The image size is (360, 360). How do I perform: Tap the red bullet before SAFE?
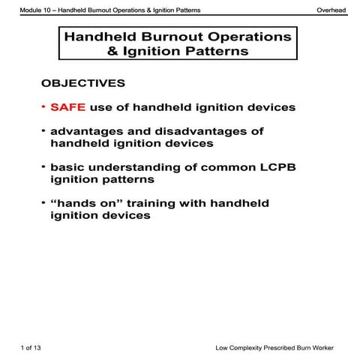(x=43, y=107)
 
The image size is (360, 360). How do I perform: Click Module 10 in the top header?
(x=38, y=10)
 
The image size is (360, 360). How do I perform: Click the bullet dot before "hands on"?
(x=43, y=202)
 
